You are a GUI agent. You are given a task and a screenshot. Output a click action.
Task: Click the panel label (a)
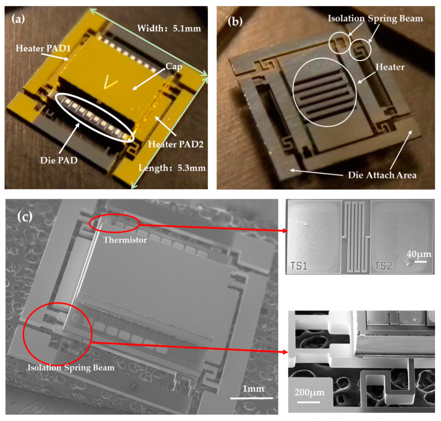[x=18, y=19]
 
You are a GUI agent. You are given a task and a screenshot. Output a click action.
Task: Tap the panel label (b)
[x=235, y=22]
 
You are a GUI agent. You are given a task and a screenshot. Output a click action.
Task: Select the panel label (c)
[x=25, y=216]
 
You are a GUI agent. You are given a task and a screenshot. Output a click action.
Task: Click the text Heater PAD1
[x=43, y=49]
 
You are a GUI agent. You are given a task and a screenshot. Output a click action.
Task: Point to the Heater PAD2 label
[x=176, y=144]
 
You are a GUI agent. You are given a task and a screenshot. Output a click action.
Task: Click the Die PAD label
[x=59, y=160]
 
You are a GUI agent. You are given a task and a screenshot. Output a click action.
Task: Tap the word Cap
[x=174, y=66]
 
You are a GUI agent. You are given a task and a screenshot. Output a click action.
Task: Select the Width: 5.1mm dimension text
[x=169, y=28]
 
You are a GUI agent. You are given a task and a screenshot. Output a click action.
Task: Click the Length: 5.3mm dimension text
[x=172, y=168]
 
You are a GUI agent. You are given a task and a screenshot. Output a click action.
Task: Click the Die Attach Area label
[x=382, y=175]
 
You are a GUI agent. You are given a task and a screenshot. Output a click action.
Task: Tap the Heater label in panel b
[x=390, y=67]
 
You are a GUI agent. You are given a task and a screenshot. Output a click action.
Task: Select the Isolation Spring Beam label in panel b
[x=376, y=19]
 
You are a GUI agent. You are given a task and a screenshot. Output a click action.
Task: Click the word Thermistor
[x=125, y=240]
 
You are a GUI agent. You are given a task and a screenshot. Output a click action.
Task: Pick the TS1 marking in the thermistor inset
[x=298, y=265]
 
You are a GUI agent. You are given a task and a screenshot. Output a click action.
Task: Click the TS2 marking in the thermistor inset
[x=383, y=265]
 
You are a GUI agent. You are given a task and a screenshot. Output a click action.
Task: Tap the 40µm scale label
[x=419, y=254]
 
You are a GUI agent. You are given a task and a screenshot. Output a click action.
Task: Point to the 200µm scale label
[x=309, y=392]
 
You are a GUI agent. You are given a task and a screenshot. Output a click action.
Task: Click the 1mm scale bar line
[x=252, y=398]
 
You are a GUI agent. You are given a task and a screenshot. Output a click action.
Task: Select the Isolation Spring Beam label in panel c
[x=71, y=368]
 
